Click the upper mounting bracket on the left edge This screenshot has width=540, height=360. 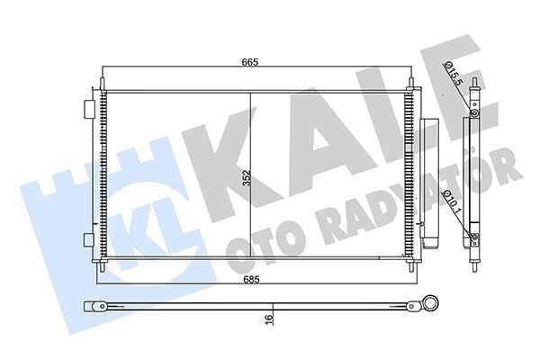tap(89, 108)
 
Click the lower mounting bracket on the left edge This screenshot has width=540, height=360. tap(89, 239)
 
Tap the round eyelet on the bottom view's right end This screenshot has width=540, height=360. tap(433, 306)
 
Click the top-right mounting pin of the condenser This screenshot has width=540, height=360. tap(411, 84)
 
